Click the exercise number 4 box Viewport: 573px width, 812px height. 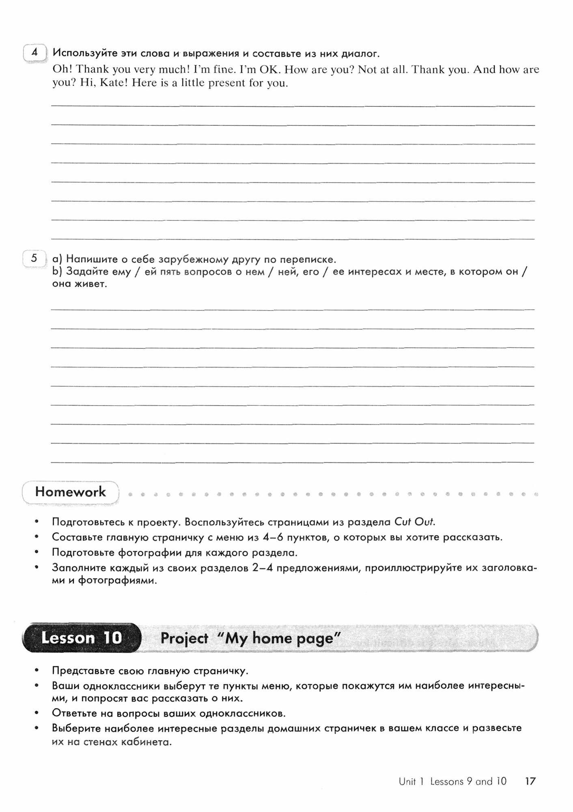34,53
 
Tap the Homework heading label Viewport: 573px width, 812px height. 70,492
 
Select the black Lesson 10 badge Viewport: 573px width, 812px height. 81,638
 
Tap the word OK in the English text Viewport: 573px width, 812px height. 268,70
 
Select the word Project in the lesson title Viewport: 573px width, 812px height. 184,638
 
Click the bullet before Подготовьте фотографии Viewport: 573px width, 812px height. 37,553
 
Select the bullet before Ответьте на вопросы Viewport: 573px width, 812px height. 37,713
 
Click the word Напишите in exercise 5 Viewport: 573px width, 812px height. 90,259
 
